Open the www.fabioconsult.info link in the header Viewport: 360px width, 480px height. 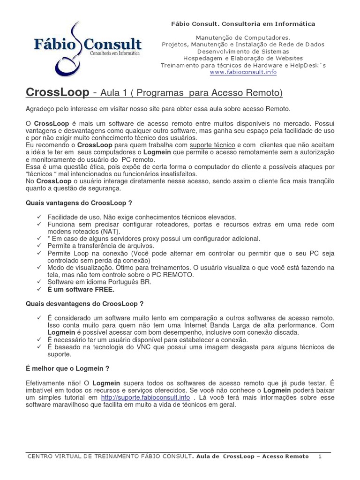click(x=243, y=72)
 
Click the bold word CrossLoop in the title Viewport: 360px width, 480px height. click(x=57, y=93)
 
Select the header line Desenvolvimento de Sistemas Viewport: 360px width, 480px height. click(x=243, y=51)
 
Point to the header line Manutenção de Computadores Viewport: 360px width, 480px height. click(x=243, y=37)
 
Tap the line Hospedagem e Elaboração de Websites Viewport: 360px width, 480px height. click(x=243, y=58)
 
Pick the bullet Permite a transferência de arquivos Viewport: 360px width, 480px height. click(x=101, y=246)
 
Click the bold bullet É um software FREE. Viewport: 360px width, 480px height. click(x=81, y=289)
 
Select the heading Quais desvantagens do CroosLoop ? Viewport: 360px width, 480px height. click(x=84, y=304)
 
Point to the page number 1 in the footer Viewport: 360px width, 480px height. click(x=320, y=456)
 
